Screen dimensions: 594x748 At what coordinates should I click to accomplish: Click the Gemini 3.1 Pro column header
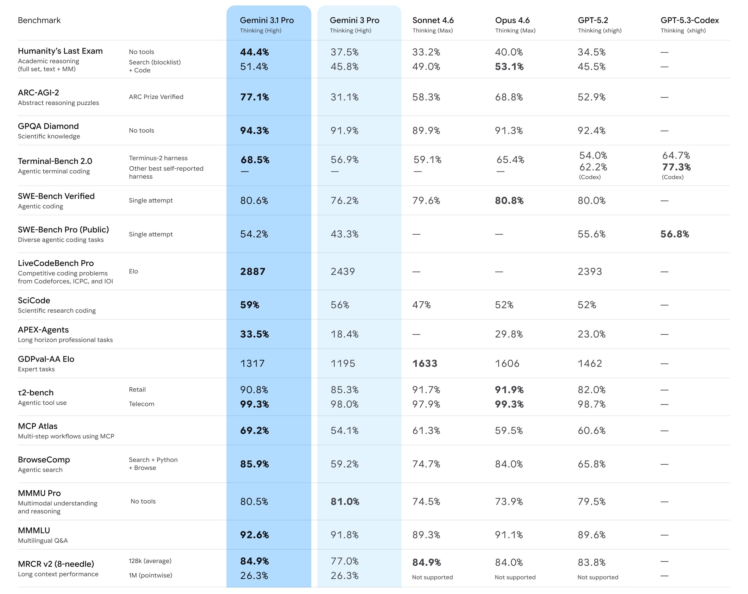tap(267, 20)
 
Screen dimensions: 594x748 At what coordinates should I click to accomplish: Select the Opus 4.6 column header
tap(512, 20)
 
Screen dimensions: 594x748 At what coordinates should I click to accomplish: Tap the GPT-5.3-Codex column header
tap(689, 20)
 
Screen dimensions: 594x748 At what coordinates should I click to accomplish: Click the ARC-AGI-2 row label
tap(38, 93)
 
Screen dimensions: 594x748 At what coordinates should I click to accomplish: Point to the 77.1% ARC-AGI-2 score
tap(254, 97)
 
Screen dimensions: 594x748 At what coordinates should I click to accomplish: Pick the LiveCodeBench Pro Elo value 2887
tap(253, 272)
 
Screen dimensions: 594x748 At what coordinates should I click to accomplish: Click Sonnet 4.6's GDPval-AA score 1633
tap(425, 364)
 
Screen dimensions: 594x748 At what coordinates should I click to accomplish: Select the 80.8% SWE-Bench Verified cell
tap(509, 200)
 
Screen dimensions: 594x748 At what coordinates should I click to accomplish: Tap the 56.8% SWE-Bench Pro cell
tap(674, 234)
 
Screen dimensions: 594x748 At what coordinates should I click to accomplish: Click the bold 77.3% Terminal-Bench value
tap(676, 167)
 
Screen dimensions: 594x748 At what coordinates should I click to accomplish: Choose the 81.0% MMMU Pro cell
tap(345, 501)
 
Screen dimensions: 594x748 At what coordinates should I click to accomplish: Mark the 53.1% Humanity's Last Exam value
tap(509, 67)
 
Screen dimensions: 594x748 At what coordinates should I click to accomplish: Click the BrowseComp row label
tap(44, 459)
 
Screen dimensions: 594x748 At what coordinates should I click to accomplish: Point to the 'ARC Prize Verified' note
tap(156, 97)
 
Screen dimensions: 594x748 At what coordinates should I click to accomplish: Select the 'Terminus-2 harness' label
tap(158, 158)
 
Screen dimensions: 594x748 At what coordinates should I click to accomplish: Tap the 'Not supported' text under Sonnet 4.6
tap(432, 577)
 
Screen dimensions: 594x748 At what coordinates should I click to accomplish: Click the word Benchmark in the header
tap(39, 20)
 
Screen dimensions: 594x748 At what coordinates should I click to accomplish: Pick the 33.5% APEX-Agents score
tap(254, 334)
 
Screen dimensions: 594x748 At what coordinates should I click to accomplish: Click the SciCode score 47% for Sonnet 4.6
tap(421, 305)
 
